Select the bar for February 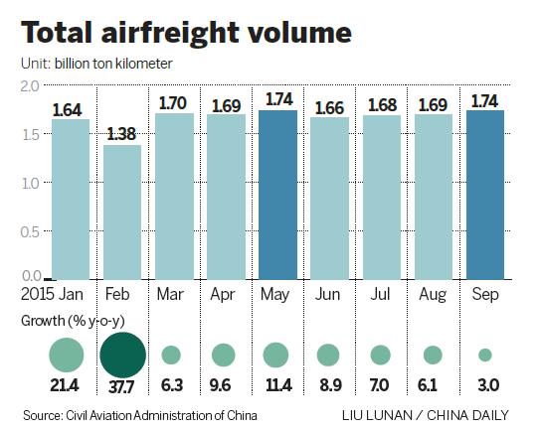(121, 212)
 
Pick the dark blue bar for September (484, 194)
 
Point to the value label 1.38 (121, 133)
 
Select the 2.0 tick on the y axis (31, 88)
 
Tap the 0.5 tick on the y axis (31, 231)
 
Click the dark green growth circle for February (121, 354)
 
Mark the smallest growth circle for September (484, 355)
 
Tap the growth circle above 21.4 (67, 355)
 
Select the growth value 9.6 (225, 385)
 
